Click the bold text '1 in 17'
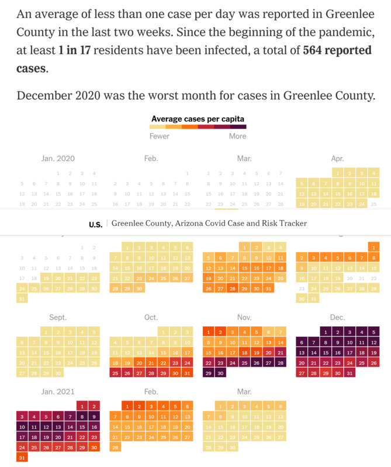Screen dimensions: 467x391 75,51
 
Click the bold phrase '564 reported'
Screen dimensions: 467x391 337,51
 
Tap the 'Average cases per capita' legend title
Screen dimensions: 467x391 198,119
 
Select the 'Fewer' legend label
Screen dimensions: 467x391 160,136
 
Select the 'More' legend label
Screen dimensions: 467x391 237,136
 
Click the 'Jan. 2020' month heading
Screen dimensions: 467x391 58,158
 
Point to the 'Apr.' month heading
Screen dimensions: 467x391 337,158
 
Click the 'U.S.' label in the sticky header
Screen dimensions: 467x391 95,224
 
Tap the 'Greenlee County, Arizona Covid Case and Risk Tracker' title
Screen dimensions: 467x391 209,224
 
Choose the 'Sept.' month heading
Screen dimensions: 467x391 58,318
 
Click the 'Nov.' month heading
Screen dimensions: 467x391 244,318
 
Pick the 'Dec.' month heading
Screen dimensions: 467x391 337,318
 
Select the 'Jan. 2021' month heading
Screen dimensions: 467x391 58,392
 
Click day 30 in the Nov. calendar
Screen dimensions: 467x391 220,373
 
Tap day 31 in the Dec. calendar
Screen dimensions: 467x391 350,373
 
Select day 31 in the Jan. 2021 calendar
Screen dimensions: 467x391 22,458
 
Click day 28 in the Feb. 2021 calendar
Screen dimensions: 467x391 115,448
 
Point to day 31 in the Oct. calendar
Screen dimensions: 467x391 187,373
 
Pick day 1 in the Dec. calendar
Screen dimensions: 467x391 326,332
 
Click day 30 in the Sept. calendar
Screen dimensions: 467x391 58,373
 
